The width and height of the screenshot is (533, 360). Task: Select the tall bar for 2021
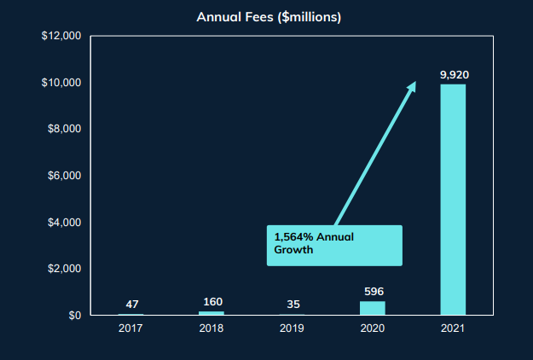[x=453, y=200]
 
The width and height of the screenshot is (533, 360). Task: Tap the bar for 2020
[x=372, y=308]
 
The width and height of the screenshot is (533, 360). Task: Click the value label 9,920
[x=454, y=75]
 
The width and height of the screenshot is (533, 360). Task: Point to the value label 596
[x=372, y=292]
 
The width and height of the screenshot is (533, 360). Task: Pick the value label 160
[x=211, y=302]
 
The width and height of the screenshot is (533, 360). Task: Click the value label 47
[x=130, y=305]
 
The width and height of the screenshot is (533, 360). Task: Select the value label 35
[x=292, y=305]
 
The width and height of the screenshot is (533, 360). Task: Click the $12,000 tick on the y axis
[x=61, y=37]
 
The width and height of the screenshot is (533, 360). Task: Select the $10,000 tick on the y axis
[x=61, y=83]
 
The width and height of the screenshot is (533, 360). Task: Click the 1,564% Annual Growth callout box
[x=333, y=245]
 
